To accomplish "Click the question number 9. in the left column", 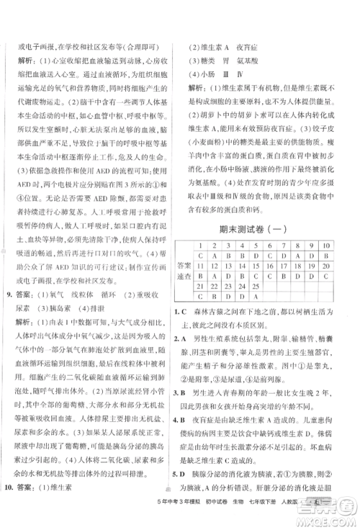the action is [x=10, y=295].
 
